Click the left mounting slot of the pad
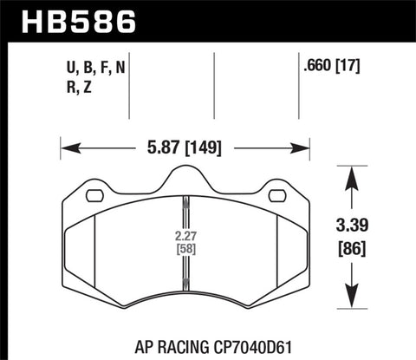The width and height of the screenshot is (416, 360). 94,195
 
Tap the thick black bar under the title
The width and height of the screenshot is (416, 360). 208,38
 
